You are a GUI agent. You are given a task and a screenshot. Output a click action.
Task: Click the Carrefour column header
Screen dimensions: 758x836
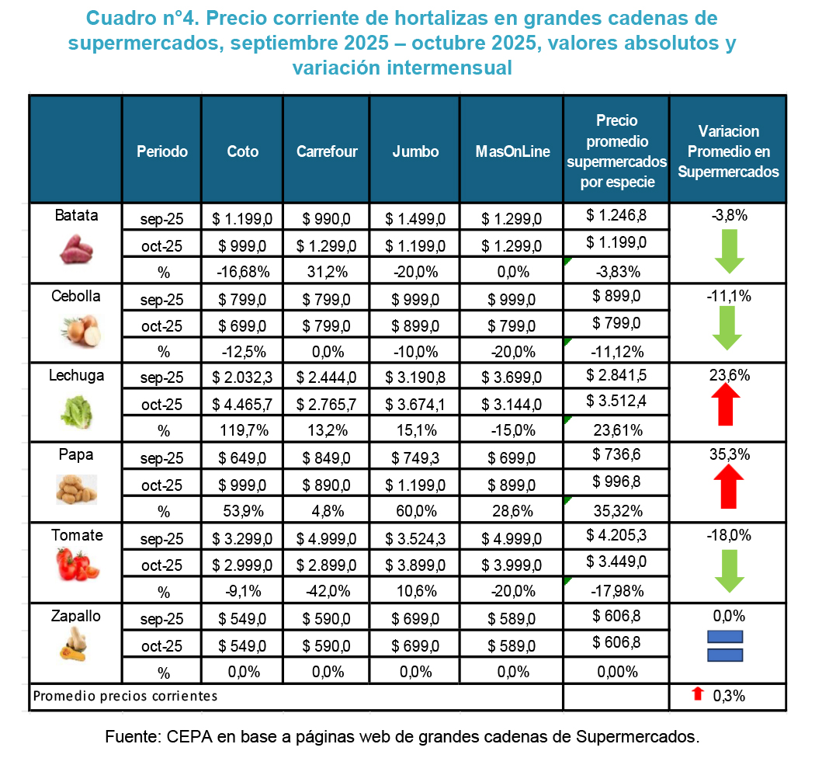(x=327, y=151)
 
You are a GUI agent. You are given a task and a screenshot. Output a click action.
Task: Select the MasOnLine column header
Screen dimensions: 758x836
(x=512, y=151)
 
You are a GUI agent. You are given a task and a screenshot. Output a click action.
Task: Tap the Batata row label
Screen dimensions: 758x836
(x=76, y=216)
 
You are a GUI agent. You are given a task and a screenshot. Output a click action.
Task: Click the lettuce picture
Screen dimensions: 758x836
(x=76, y=412)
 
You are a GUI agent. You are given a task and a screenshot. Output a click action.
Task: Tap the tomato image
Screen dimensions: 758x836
(x=77, y=565)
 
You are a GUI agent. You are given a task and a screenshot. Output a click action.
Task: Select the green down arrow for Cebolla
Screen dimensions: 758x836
(x=728, y=329)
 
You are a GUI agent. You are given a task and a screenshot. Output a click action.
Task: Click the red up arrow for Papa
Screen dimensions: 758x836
(x=727, y=485)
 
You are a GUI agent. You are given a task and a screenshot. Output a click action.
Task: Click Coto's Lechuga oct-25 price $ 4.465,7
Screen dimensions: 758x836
(x=241, y=404)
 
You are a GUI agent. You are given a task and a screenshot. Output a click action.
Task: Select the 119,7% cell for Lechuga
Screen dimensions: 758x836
(x=241, y=430)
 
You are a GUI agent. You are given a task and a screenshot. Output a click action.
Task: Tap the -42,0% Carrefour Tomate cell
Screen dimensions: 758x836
(x=326, y=591)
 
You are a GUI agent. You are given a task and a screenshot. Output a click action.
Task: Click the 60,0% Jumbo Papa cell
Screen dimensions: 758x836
(x=415, y=511)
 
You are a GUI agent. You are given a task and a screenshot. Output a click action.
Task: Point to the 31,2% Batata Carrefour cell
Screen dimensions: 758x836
(x=326, y=272)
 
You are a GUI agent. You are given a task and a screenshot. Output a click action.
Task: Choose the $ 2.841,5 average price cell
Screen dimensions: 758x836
(x=616, y=376)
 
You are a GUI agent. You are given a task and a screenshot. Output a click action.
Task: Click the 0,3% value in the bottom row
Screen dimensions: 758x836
(x=728, y=696)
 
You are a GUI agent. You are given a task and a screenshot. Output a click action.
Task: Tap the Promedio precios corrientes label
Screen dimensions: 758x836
(x=125, y=696)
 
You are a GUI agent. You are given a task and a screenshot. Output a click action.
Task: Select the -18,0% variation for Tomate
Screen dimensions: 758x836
(x=727, y=535)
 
